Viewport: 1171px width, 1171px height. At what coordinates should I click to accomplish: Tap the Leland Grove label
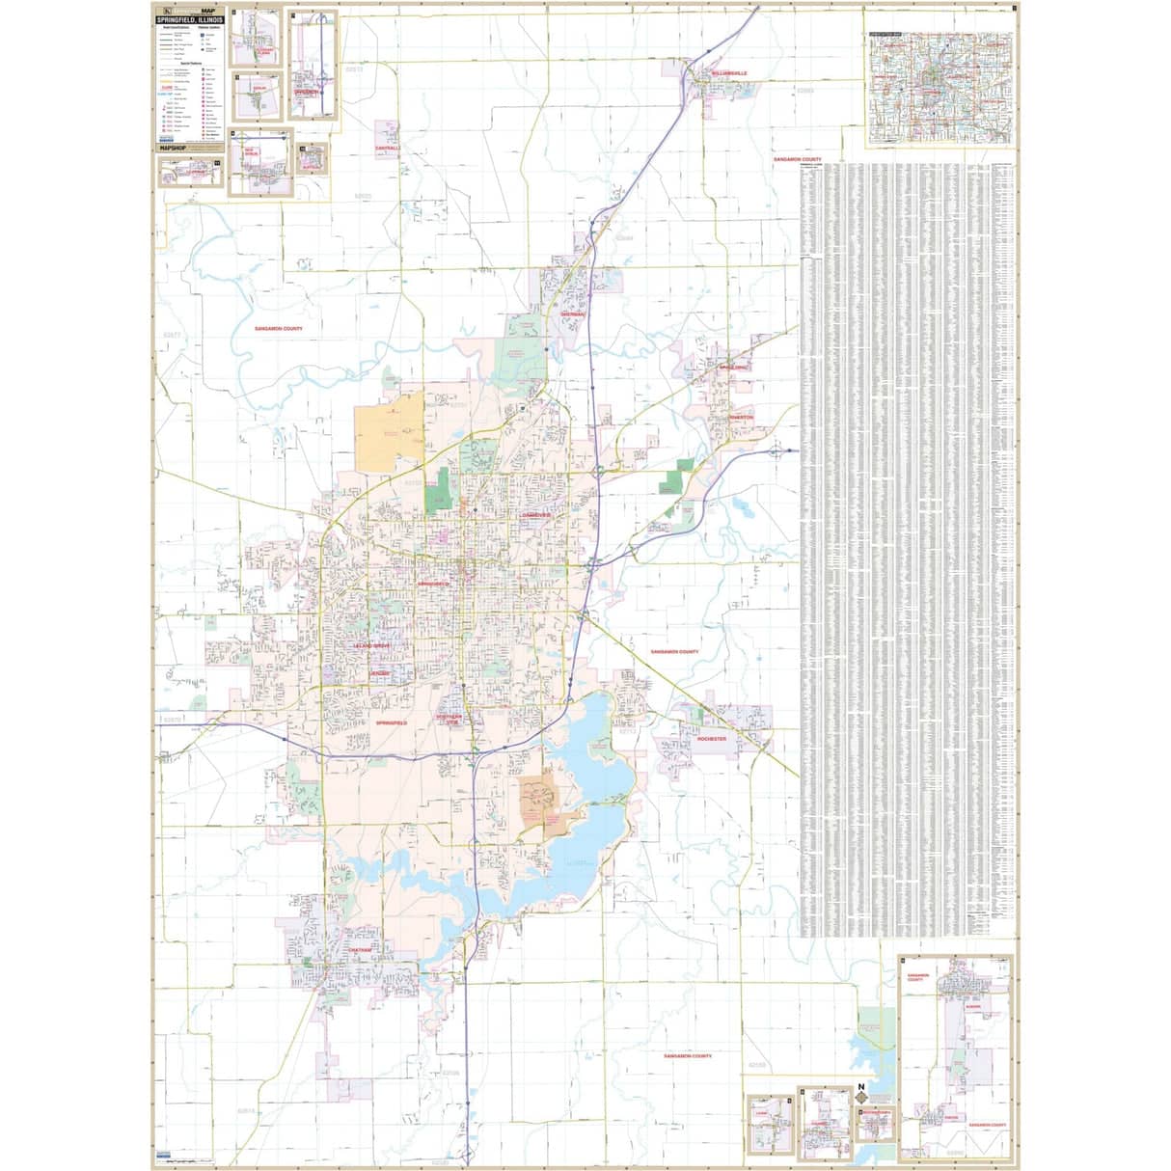pos(372,644)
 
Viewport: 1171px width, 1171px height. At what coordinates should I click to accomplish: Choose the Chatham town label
pos(354,949)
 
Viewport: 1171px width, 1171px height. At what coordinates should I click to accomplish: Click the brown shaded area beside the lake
pos(541,801)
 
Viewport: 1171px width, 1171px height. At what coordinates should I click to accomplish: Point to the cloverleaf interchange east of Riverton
pos(776,449)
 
